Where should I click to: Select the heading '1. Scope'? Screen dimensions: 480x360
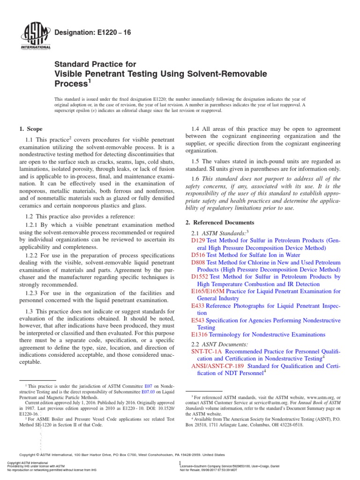pyautogui.click(x=30, y=129)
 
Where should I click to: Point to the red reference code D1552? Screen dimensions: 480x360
pyautogui.click(x=201, y=277)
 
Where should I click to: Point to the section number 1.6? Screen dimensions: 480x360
pyautogui.click(x=197, y=179)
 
